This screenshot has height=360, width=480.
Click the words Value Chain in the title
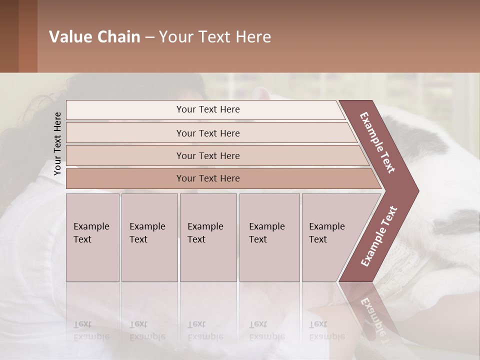[94, 37]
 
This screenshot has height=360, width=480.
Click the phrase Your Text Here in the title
[215, 37]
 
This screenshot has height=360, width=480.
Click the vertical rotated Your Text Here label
[57, 143]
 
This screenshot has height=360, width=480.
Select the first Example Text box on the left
[92, 237]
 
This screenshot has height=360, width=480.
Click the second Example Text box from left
[149, 237]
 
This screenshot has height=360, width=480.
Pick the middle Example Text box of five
[208, 237]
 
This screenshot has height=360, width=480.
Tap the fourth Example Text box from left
[269, 237]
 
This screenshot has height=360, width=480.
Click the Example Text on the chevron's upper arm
[377, 142]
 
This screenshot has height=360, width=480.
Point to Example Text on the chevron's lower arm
[379, 236]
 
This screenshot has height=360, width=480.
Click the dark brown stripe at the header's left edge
[9, 36]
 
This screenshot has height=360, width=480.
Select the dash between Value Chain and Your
[149, 37]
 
